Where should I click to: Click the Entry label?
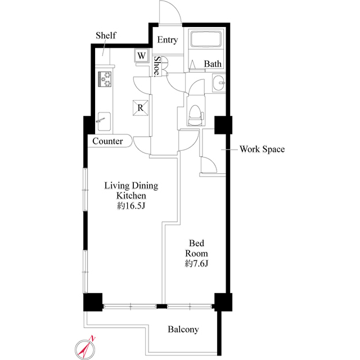(x=167, y=40)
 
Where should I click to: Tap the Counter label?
(x=107, y=141)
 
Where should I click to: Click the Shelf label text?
(x=105, y=35)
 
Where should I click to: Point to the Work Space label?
(x=262, y=149)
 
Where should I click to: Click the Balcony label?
(x=183, y=330)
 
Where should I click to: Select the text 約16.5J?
(x=132, y=206)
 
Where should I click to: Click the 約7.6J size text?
(x=196, y=264)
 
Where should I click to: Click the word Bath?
(x=213, y=64)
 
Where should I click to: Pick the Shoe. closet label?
(x=158, y=66)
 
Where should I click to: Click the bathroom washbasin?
(x=219, y=83)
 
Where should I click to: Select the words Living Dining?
(x=132, y=185)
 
